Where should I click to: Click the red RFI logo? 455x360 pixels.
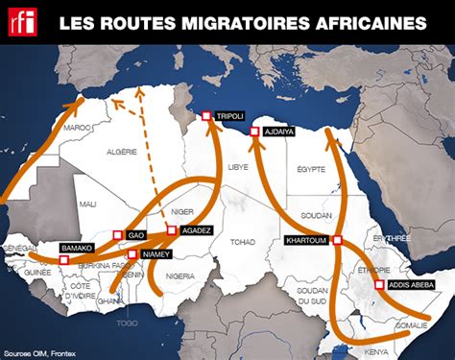point(20,20)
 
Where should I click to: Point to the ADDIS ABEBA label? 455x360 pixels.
point(413,285)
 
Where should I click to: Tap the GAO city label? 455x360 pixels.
point(136,234)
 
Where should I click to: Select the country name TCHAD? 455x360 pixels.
point(242,242)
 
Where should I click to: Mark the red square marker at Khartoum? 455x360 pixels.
point(337,240)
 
